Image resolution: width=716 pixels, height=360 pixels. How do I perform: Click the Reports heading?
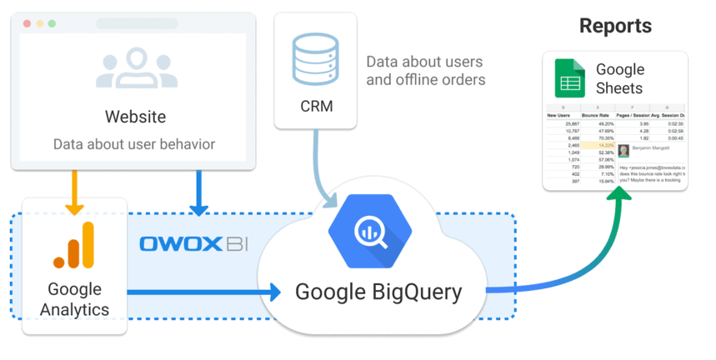click(x=615, y=26)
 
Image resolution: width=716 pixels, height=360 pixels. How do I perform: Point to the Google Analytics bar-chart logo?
click(x=74, y=247)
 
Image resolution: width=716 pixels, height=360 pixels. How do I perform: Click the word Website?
click(x=135, y=116)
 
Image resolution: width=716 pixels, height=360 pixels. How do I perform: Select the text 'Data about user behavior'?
click(x=134, y=144)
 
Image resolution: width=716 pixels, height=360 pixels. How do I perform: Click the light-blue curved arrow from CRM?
click(x=320, y=171)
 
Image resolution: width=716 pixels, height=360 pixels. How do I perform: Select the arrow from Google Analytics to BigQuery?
click(x=204, y=292)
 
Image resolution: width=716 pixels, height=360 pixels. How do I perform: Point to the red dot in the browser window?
click(x=27, y=23)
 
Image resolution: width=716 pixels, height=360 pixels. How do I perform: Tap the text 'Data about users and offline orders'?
click(x=425, y=71)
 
